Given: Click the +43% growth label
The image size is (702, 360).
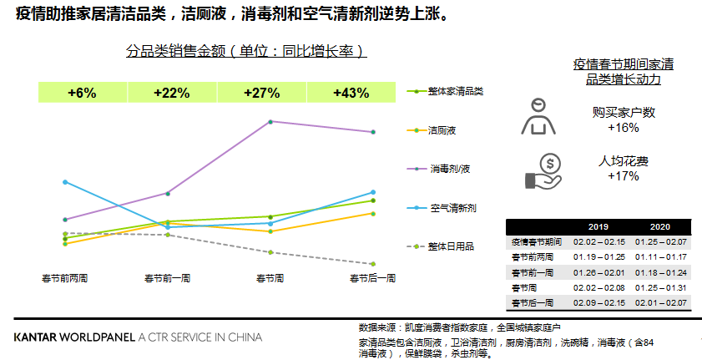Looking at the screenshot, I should tap(351, 93).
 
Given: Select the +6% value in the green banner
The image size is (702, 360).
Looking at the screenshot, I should tap(82, 93).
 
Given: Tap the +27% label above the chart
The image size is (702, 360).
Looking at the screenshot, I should tap(261, 93).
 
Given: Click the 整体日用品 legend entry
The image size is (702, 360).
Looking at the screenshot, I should tap(449, 246).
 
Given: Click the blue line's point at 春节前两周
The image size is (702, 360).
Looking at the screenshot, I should tap(65, 181).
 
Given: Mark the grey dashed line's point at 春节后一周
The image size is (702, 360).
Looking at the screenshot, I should tap(373, 264).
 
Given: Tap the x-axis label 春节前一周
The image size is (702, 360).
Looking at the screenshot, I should tap(168, 277).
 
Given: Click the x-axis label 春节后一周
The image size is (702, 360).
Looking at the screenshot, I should tap(372, 277).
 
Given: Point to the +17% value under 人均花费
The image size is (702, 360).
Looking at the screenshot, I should tap(624, 176).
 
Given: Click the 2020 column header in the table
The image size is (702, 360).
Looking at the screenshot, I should tap(659, 227).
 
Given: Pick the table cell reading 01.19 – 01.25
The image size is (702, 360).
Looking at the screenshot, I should tap(598, 256).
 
